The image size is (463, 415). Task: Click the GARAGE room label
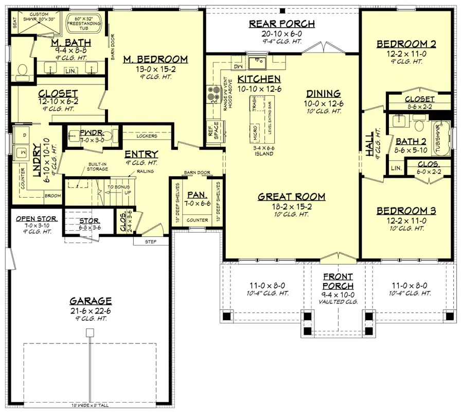click(91, 301)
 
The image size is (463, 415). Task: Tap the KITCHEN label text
click(259, 79)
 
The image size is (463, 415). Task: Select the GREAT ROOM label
click(291, 196)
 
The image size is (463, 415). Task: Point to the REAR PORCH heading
click(281, 24)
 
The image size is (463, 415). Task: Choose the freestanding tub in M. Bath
click(85, 24)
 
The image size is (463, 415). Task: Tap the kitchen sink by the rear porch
click(256, 63)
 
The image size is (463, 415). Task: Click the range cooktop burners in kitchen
click(212, 94)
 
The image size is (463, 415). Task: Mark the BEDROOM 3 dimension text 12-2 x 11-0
click(406, 221)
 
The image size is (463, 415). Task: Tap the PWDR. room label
click(91, 133)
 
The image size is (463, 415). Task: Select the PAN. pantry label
click(198, 196)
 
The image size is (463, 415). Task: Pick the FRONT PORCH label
click(338, 281)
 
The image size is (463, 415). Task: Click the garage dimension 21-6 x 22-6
click(91, 312)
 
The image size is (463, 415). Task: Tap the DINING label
click(323, 94)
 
